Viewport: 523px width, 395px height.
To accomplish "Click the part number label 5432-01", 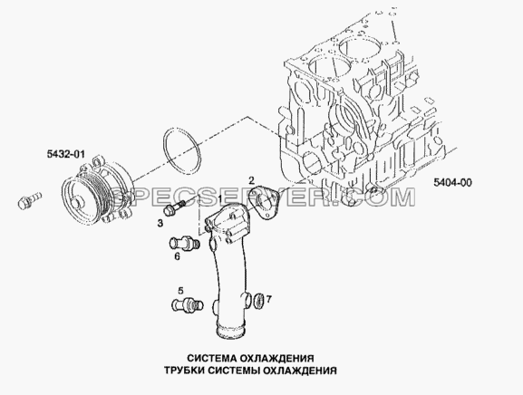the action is [65, 154].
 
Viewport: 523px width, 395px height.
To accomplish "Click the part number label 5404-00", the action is [452, 182].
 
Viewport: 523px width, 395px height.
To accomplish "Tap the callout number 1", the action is [220, 198].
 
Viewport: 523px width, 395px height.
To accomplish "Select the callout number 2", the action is [251, 180].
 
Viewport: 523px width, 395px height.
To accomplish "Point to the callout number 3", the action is [160, 223].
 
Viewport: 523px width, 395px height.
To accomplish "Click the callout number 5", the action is [180, 291].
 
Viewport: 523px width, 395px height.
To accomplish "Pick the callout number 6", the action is [177, 256].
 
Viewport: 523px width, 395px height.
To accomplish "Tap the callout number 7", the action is [269, 300].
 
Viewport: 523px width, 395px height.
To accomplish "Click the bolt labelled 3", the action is [174, 207].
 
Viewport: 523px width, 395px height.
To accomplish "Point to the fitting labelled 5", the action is [188, 304].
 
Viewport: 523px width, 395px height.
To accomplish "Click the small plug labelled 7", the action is [259, 299].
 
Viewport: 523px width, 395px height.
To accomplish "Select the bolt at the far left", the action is [29, 200].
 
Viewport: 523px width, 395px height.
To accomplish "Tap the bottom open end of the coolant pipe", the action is [230, 332].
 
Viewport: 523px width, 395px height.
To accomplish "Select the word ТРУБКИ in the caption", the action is [183, 371].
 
